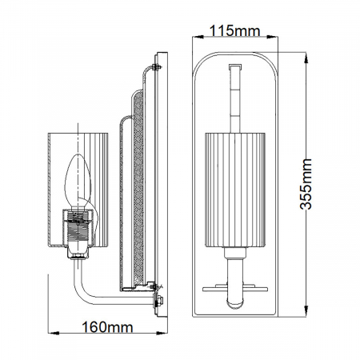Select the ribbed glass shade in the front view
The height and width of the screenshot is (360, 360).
point(231,190)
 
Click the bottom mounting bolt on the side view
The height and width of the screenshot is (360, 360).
point(158,302)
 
